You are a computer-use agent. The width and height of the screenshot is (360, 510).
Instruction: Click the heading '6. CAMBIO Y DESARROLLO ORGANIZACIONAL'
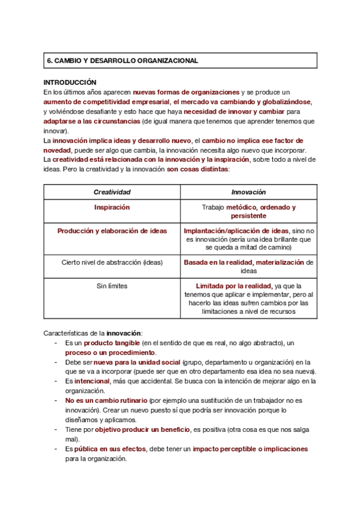(122, 61)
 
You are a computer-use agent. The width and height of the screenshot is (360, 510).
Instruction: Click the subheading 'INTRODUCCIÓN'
(70, 82)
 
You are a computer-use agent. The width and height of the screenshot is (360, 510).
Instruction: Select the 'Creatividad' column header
(112, 192)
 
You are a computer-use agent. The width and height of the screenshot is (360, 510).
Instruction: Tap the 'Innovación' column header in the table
(248, 192)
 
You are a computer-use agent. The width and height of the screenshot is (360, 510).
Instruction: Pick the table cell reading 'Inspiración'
(112, 207)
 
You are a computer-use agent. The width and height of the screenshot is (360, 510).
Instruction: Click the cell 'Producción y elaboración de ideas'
(112, 231)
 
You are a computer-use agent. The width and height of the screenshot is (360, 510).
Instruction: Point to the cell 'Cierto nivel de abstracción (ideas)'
(112, 262)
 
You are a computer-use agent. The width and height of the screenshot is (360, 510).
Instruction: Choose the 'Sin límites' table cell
(112, 286)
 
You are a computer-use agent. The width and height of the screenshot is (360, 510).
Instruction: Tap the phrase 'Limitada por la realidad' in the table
(233, 286)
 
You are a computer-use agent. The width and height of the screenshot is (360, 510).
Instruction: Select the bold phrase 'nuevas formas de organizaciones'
(186, 92)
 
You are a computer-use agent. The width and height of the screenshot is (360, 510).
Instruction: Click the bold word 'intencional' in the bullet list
(92, 381)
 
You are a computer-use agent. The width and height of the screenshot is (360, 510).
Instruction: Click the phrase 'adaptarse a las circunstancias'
(92, 121)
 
